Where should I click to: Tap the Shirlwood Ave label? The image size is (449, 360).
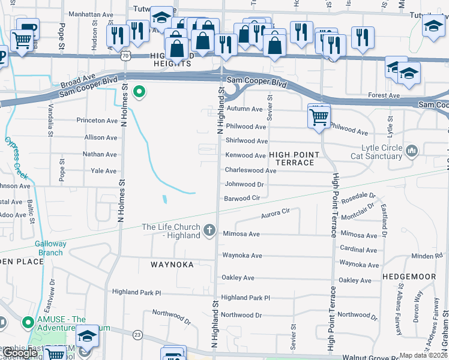(x=246, y=141)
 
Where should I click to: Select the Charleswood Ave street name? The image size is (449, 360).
(x=250, y=170)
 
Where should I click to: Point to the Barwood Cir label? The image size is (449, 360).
(x=242, y=198)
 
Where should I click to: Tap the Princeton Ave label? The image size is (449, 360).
(x=97, y=121)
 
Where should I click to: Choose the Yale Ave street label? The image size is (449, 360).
(x=103, y=171)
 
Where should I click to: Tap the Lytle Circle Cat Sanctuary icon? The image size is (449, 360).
(x=412, y=149)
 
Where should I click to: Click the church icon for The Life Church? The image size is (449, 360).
(x=209, y=230)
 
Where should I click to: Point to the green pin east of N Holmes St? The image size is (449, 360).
(x=139, y=92)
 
